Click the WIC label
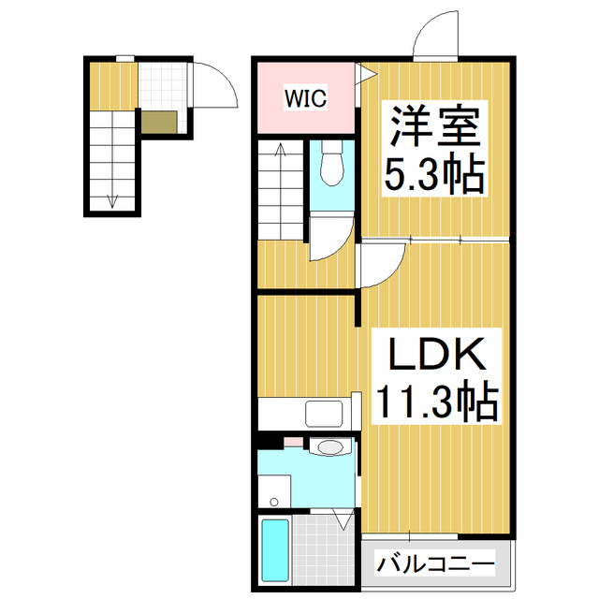click(x=306, y=98)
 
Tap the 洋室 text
click(x=435, y=129)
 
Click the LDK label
click(x=436, y=357)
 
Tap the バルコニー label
click(x=436, y=564)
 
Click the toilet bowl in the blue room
click(x=330, y=167)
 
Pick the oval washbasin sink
click(x=329, y=447)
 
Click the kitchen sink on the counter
click(x=326, y=412)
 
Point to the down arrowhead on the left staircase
click(x=113, y=199)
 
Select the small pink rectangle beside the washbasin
click(x=293, y=440)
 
